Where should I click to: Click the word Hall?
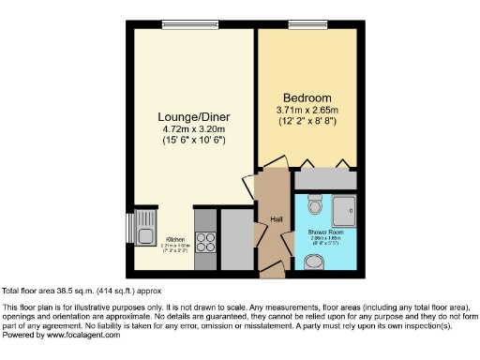coord(277,219)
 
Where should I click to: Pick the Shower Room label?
coord(323,232)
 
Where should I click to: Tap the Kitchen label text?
coord(176,240)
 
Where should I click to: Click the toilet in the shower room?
coord(316,205)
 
